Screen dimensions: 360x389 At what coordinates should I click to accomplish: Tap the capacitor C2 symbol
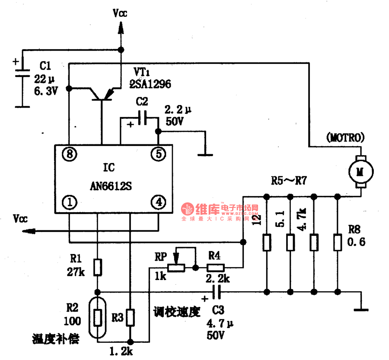tap(142, 118)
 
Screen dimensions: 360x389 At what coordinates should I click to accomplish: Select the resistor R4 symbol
tap(215, 268)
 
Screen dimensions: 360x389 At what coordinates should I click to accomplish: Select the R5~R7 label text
tap(289, 181)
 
